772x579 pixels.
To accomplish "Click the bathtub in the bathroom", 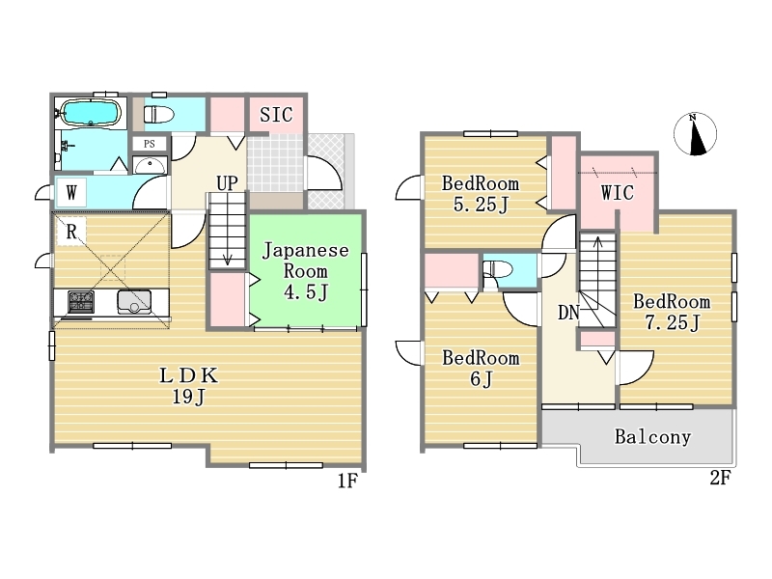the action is [89, 113].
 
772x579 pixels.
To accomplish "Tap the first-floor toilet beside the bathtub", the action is [158, 115].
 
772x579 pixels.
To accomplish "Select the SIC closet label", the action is [276, 115].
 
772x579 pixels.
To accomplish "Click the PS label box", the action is [150, 144].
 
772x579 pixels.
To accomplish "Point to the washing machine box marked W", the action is [71, 192].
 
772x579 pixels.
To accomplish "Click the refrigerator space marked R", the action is [71, 231].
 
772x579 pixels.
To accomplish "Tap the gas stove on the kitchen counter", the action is [81, 301].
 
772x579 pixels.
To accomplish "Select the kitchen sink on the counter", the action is [134, 302].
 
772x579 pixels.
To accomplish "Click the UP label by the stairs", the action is [227, 183].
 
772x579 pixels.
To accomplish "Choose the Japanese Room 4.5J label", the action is [306, 271].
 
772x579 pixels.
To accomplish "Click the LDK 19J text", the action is [188, 385].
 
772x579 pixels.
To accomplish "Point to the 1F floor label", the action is [347, 481].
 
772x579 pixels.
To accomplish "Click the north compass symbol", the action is [695, 134].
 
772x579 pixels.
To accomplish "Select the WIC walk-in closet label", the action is [618, 192].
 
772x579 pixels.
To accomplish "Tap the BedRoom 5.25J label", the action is [481, 194].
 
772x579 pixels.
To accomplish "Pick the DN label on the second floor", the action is [568, 313].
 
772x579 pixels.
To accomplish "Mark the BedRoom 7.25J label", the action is [672, 312].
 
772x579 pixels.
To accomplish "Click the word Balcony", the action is [653, 437].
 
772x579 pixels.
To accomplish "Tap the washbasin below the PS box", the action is [150, 165].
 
